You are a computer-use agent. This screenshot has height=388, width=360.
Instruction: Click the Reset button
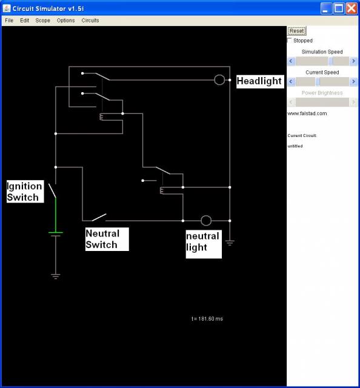[x=296, y=31]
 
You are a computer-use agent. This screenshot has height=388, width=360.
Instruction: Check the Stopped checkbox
[x=289, y=40]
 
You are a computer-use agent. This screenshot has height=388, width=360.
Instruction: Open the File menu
[x=9, y=20]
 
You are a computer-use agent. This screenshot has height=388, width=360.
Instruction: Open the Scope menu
[x=42, y=20]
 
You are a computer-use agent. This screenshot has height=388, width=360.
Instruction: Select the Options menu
[x=65, y=20]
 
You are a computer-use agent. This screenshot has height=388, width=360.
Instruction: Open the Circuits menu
[x=90, y=20]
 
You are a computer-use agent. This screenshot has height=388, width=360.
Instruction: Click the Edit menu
[x=24, y=20]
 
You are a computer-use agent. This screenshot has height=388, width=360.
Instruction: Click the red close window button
[x=352, y=8]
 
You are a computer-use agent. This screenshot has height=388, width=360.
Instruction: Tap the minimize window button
[x=326, y=8]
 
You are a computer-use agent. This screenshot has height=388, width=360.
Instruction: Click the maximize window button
[x=339, y=8]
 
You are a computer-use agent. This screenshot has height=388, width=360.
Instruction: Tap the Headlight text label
[x=259, y=81]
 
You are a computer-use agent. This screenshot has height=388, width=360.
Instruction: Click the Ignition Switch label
[x=24, y=192]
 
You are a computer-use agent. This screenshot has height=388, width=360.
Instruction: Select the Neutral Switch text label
[x=102, y=239]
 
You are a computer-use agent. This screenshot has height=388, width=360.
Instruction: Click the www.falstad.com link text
[x=307, y=113]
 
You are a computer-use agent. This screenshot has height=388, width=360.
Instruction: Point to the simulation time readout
[x=207, y=319]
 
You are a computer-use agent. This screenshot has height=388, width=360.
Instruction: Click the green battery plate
[x=56, y=232]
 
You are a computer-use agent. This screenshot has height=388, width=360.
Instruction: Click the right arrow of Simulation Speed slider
[x=353, y=61]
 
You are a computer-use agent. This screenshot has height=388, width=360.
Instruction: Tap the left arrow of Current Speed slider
[x=292, y=81]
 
